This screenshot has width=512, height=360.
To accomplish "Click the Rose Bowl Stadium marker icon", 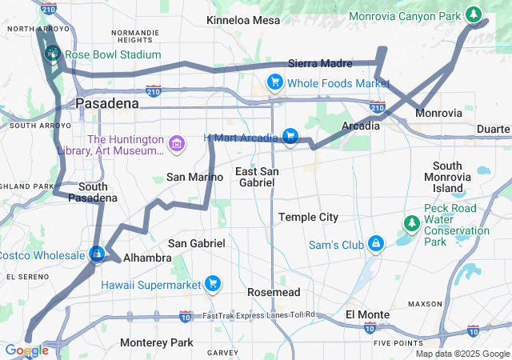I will coord(53,54).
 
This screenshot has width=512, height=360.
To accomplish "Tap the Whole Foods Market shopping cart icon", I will coord(275,82).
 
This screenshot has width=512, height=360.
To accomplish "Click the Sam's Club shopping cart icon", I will coord(374,243).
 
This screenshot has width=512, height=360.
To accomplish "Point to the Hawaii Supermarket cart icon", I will coord(212,284).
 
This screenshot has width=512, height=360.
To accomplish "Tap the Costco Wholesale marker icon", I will coord(96,254).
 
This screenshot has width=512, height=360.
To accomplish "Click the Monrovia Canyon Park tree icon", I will coord(473,15).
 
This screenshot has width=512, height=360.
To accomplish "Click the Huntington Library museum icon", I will coord(177,145).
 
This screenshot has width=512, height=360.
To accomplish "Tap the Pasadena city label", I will coord(106,103).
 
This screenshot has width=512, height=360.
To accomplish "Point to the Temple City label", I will coord(308,217).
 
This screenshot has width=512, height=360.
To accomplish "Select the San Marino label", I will coord(189,177).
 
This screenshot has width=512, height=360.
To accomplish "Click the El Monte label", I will coord(367,314).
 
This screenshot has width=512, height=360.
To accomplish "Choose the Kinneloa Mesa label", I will coord(243,20).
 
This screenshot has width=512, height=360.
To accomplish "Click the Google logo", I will coord(26,350).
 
